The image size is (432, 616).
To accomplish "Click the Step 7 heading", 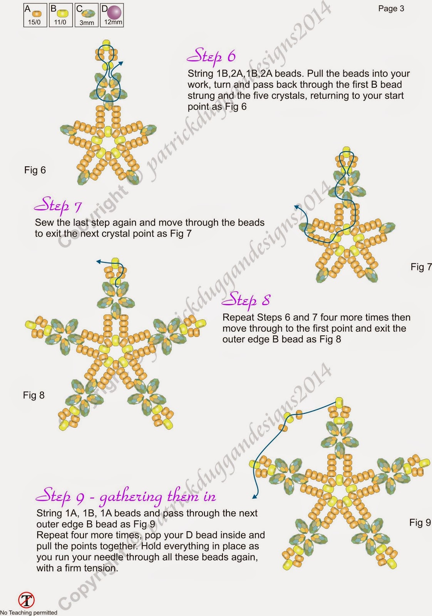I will click(x=57, y=205).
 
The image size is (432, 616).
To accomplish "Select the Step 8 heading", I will click(x=246, y=300).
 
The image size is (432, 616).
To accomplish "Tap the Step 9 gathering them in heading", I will click(x=125, y=497).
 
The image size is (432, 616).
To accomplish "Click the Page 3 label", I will click(x=391, y=8).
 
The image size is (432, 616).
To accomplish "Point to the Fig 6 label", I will click(x=35, y=170).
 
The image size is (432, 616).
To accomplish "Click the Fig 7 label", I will click(x=420, y=267).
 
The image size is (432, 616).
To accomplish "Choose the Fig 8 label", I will click(x=33, y=395).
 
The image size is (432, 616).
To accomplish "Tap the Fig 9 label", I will click(x=420, y=522).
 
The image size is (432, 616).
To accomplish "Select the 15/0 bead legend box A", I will click(x=35, y=15).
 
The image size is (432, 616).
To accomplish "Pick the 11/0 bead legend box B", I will click(x=60, y=15).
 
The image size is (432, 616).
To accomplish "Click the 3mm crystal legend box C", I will click(x=86, y=15).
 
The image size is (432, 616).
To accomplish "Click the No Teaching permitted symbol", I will click(x=26, y=600).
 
